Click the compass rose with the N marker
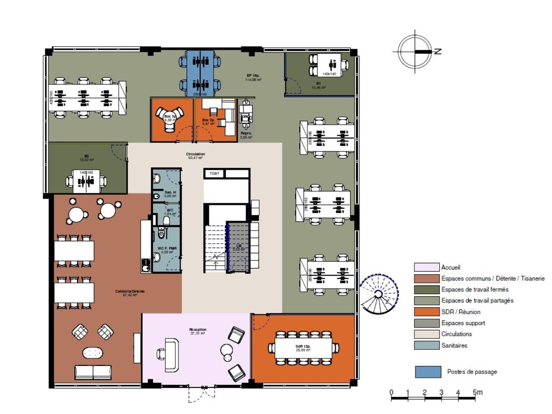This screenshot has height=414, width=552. (415, 52)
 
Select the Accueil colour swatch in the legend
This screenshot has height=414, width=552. (426, 267)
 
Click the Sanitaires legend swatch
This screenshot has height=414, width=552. (426, 345)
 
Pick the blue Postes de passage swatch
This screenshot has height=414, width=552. (428, 372)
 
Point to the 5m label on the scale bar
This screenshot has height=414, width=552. (477, 392)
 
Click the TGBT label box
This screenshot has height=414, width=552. (214, 173)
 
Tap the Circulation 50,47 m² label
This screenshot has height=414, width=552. (195, 156)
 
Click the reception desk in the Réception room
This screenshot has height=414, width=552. (171, 355)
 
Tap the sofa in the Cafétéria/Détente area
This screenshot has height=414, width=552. (93, 372)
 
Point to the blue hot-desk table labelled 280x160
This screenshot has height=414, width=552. (200, 73)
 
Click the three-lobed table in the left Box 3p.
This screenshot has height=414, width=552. (169, 120)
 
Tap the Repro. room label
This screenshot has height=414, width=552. (246, 135)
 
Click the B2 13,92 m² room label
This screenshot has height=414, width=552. (87, 158)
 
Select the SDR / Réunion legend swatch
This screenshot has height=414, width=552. (426, 312)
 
